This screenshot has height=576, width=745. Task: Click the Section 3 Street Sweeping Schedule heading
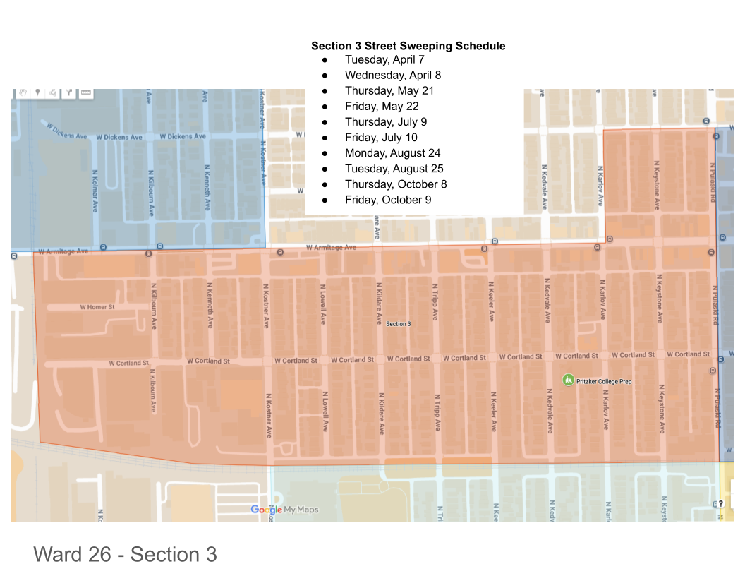(x=408, y=46)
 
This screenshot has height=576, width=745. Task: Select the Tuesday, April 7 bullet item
(x=384, y=59)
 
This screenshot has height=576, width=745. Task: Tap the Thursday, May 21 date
(x=389, y=90)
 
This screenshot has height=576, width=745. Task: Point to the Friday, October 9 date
(x=388, y=200)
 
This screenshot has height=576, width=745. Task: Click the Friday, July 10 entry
(x=381, y=138)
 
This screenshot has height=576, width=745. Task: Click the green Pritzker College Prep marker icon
(x=568, y=380)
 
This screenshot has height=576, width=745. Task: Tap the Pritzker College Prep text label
(x=604, y=382)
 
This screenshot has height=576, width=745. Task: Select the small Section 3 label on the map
(x=398, y=323)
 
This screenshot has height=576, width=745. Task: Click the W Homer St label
(x=97, y=307)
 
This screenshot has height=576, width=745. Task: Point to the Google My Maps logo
(x=284, y=510)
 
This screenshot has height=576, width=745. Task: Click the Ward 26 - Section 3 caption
(x=125, y=555)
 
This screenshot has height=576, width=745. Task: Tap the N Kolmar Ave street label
(x=95, y=191)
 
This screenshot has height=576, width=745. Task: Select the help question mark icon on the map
(x=720, y=503)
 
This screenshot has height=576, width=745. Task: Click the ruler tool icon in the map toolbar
(x=86, y=92)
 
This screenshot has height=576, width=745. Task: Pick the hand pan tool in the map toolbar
(x=23, y=92)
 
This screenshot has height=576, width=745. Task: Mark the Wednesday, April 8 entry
(x=393, y=75)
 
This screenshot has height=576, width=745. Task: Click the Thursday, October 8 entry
(x=396, y=184)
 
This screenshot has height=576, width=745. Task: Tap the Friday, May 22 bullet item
(x=382, y=106)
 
